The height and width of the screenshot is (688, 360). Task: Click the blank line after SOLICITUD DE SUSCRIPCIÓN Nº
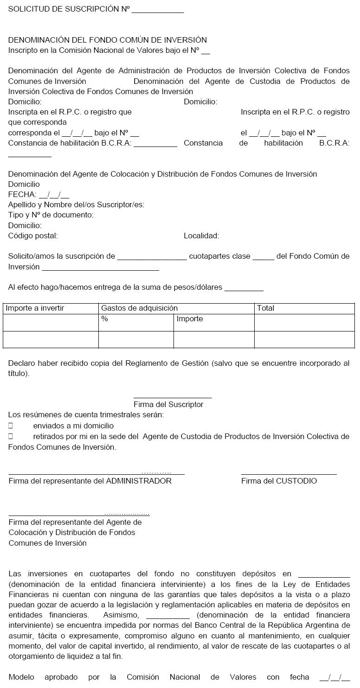point(158,11)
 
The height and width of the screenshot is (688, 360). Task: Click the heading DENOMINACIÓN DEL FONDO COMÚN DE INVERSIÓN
point(107,40)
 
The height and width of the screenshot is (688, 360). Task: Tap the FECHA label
point(22,195)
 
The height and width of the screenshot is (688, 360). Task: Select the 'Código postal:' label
point(33,236)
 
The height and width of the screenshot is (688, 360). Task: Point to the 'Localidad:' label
point(201,236)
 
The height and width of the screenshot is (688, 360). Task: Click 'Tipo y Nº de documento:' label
point(51,215)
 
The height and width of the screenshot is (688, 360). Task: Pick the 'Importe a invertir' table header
point(35,308)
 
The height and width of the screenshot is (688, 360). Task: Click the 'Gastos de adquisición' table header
point(139,308)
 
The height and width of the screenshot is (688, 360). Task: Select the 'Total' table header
point(265,308)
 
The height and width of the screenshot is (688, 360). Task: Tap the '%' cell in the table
point(104,319)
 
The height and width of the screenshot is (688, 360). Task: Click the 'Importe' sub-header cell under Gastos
point(190,319)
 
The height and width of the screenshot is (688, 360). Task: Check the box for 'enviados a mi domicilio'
point(11,426)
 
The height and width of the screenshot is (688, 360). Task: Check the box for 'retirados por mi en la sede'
point(11,436)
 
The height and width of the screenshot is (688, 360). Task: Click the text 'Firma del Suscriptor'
point(168,404)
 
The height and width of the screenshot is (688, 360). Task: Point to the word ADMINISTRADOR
point(139,481)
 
